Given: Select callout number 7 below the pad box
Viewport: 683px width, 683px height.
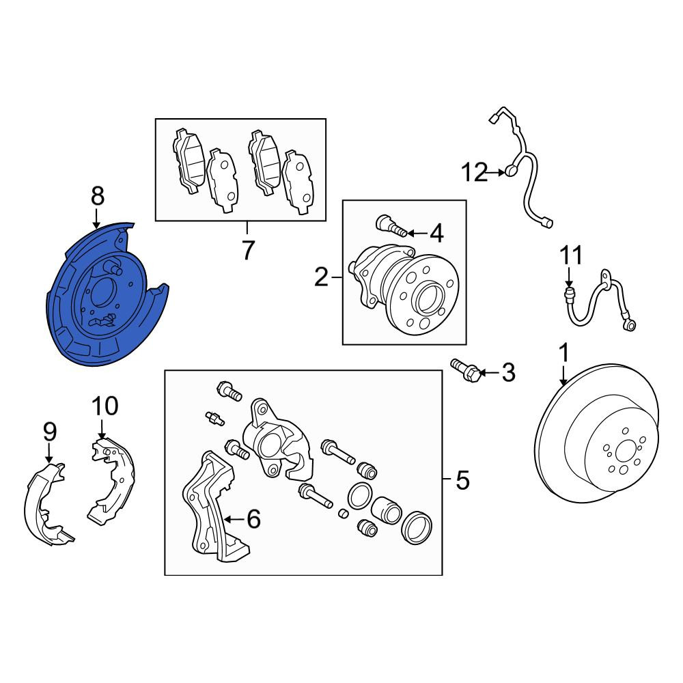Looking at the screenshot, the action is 247,250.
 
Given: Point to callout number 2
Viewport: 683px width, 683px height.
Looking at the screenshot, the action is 321,277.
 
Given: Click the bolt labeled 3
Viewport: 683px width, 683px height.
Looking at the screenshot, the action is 466,371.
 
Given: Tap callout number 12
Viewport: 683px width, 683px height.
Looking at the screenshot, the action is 475,173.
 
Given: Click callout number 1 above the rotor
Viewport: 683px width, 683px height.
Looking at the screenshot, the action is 563,354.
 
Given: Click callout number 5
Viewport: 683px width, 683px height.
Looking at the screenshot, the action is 462,480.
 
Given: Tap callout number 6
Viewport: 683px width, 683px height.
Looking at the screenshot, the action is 253,519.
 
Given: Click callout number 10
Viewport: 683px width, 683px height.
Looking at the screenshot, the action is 105,406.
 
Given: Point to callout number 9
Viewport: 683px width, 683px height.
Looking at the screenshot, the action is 50,432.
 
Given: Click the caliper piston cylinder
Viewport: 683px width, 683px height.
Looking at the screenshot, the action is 386,510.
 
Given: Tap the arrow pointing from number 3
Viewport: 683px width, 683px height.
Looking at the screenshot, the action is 489,373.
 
